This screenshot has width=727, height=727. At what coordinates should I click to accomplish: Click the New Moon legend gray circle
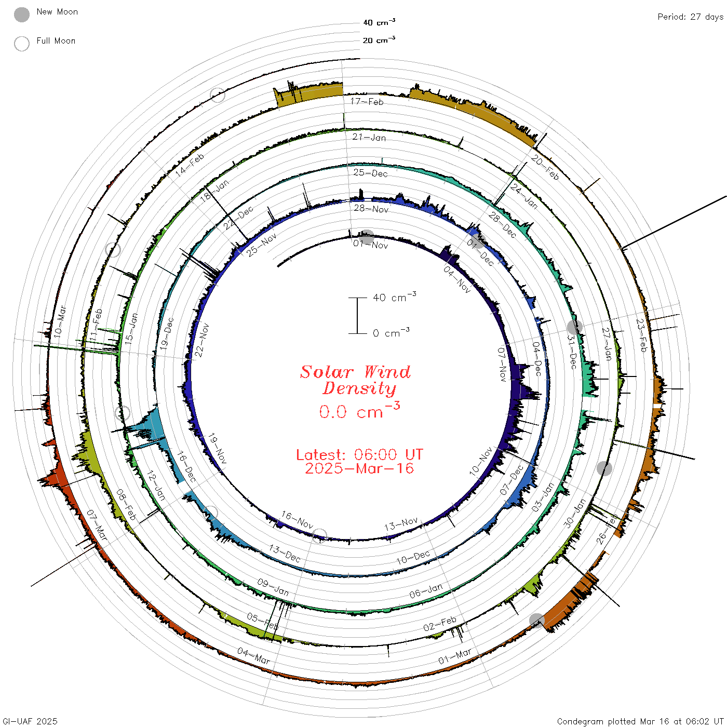21,15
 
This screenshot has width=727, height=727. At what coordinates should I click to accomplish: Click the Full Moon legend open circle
21,44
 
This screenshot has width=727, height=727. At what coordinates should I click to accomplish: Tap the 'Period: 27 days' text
691,17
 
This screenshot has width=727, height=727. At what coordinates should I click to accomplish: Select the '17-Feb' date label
367,101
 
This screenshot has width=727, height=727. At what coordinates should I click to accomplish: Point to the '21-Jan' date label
369,137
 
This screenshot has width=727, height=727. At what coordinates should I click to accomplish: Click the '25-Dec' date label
370,173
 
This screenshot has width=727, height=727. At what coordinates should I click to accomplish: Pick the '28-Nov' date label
371,209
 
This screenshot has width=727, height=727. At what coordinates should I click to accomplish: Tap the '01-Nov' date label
370,245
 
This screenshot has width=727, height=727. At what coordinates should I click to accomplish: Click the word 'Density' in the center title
359,388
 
